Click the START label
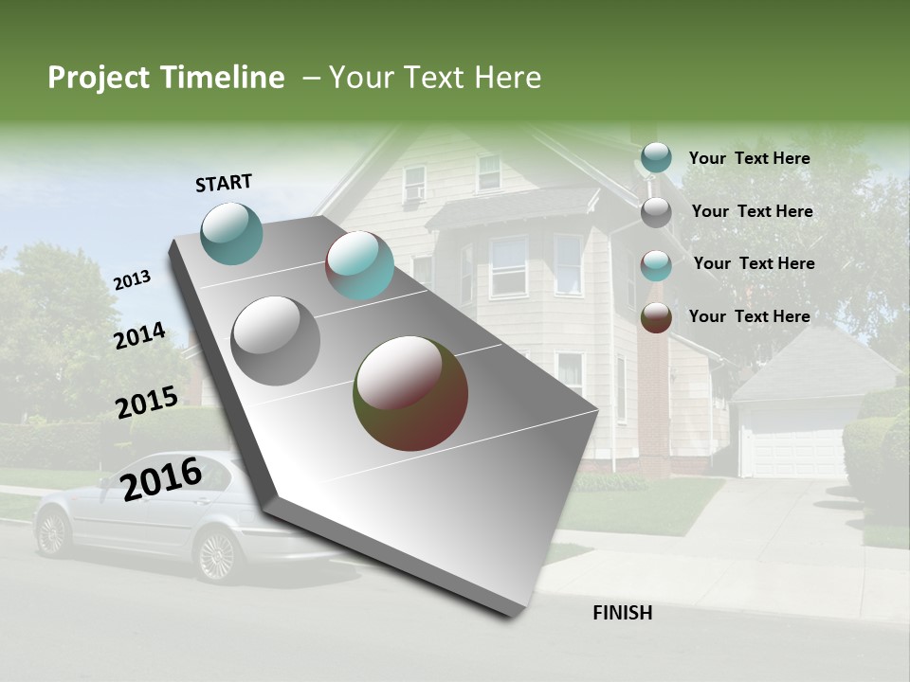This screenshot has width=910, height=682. tap(224, 183)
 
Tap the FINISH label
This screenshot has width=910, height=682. tap(623, 613)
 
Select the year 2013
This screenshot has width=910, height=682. tap(132, 279)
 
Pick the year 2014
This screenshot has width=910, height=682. tap(139, 335)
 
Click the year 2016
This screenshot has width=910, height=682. tap(161, 478)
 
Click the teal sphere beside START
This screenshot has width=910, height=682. tap(232, 234)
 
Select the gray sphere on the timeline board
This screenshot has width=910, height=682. tap(276, 340)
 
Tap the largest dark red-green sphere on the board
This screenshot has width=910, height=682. tap(410, 392)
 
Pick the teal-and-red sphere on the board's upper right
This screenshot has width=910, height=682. tap(359, 265)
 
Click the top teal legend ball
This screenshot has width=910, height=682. tap(656, 158)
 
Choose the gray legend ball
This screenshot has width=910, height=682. tap(656, 212)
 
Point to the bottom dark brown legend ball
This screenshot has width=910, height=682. tap(656, 317)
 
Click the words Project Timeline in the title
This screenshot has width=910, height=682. tap(166, 78)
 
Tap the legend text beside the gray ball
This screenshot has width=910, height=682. tap(752, 211)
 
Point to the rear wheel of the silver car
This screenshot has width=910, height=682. tap(52, 533)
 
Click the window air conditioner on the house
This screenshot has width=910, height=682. tap(413, 193)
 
